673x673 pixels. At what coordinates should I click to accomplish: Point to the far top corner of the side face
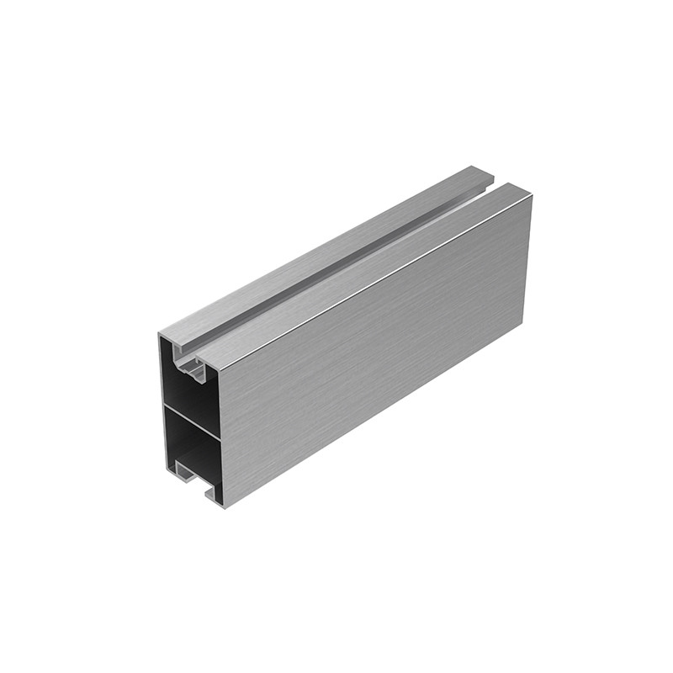533,195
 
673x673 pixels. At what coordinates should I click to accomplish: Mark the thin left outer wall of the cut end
161,404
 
